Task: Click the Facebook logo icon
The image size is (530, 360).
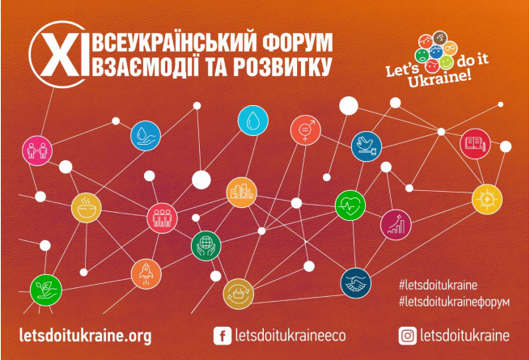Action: pyautogui.click(x=223, y=336)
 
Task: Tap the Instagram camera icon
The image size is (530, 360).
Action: pyautogui.click(x=407, y=336)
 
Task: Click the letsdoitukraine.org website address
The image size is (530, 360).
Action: pyautogui.click(x=86, y=336)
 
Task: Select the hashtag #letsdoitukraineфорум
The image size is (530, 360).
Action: pyautogui.click(x=454, y=302)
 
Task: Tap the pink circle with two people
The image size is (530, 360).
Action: pyautogui.click(x=37, y=150)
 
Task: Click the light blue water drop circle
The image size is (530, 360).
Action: pyautogui.click(x=252, y=121)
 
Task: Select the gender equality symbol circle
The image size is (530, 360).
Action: pyautogui.click(x=306, y=130)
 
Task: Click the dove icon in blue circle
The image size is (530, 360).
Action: pyautogui.click(x=367, y=146)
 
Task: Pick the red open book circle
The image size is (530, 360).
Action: pyautogui.click(x=475, y=144)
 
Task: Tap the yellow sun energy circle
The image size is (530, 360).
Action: pyautogui.click(x=487, y=200)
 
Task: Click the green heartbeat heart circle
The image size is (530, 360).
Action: pyautogui.click(x=350, y=205)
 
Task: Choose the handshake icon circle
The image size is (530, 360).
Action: pyautogui.click(x=355, y=283)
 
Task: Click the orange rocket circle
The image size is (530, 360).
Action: pyautogui.click(x=146, y=274)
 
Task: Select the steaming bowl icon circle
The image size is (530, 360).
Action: pyautogui.click(x=87, y=208)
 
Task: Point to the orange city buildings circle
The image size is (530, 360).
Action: pyautogui.click(x=241, y=193)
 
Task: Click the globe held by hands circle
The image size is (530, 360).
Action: pyautogui.click(x=206, y=246)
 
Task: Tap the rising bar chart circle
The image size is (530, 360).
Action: pyautogui.click(x=396, y=225)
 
